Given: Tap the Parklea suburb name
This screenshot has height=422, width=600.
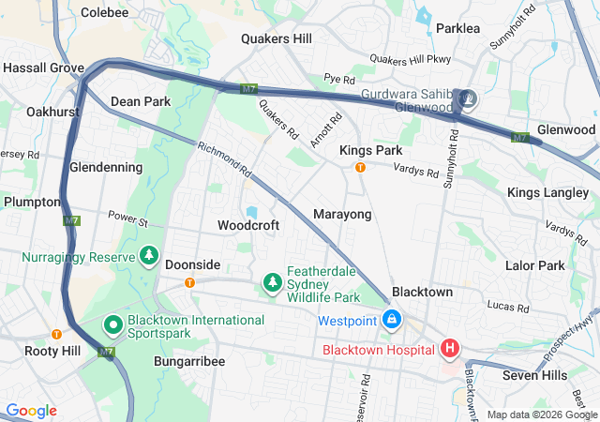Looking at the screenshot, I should [x=457, y=28].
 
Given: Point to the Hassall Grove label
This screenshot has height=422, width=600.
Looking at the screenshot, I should [x=43, y=68].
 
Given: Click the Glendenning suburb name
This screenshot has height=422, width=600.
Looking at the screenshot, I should [x=106, y=167].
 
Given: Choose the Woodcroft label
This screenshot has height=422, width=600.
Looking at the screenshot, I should [x=248, y=225].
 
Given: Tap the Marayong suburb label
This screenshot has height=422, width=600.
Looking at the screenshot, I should [x=342, y=214].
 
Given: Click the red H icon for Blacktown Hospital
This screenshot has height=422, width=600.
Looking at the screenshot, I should [x=450, y=350].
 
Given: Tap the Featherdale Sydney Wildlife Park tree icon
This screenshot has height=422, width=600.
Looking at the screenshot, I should [x=272, y=281].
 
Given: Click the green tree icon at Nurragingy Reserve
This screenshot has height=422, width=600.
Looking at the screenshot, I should [x=148, y=255].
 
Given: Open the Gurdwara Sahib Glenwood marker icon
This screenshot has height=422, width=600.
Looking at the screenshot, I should [x=466, y=98].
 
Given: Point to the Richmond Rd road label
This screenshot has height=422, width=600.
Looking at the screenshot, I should [x=225, y=159].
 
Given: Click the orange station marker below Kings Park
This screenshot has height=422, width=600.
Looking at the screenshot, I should [x=359, y=168].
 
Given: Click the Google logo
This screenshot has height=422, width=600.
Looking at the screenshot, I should [x=32, y=411].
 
